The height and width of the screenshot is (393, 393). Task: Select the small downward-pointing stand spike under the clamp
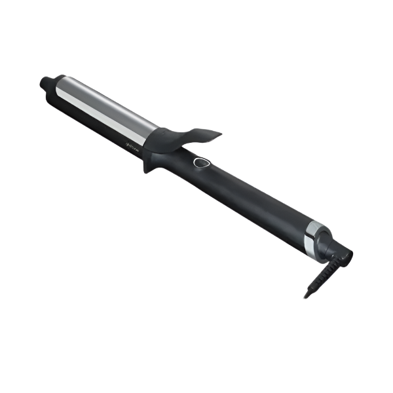point(147,167)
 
